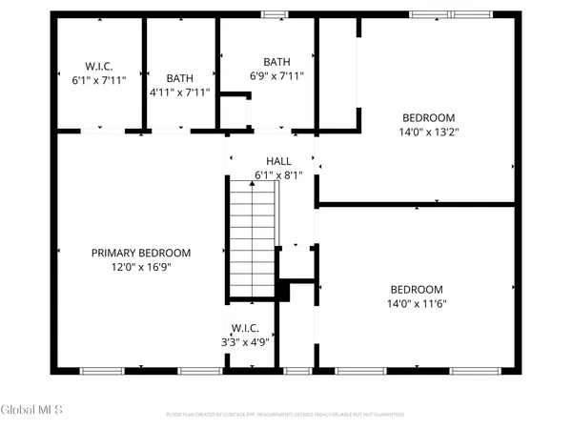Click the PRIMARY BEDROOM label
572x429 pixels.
(x=140, y=253)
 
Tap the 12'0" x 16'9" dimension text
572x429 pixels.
(x=140, y=267)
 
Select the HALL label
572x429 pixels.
(x=278, y=161)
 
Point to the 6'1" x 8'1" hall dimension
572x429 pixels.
(x=278, y=174)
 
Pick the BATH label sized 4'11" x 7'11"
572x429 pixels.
(x=180, y=78)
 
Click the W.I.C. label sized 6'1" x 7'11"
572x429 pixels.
(x=99, y=66)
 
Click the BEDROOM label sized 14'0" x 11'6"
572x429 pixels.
(x=418, y=290)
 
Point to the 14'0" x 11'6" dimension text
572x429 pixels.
(x=418, y=303)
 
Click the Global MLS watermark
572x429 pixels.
(x=31, y=410)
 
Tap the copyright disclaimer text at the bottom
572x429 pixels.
(x=285, y=415)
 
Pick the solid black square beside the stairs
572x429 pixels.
(x=282, y=291)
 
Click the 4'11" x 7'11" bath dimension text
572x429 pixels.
(x=180, y=92)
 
